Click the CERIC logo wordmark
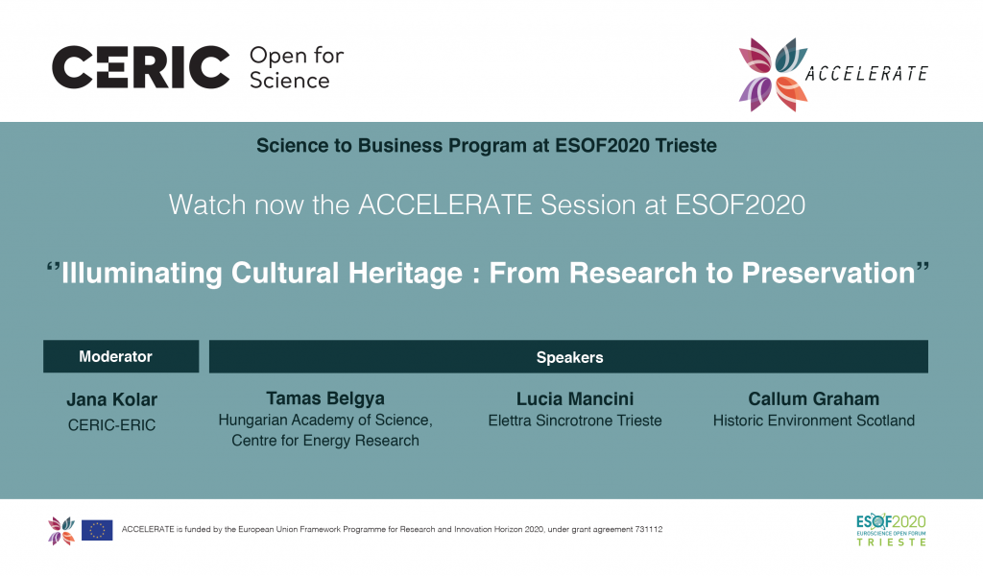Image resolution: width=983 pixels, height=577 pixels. tap(140, 67)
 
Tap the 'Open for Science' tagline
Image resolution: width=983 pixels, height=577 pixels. tap(297, 68)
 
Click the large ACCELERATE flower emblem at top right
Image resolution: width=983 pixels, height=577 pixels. tap(773, 75)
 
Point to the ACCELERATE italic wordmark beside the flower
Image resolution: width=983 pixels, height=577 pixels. tap(867, 74)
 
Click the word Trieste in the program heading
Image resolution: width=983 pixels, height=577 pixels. tap(685, 146)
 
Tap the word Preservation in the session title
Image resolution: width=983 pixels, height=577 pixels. tap(828, 274)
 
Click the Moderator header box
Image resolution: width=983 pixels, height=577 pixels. tap(121, 356)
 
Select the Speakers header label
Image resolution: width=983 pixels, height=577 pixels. tap(569, 357)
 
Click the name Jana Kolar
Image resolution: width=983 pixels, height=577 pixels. tap(111, 399)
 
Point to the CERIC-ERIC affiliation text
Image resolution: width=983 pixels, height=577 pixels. tap(111, 425)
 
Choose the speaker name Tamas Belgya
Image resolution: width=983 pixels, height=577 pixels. tap(325, 398)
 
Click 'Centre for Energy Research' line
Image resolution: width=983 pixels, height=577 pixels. tap(325, 441)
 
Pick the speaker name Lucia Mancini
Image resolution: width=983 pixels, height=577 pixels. tap(575, 398)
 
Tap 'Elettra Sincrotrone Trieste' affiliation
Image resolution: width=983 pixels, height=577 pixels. tap(575, 421)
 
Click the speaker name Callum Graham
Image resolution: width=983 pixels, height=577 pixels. tap(814, 398)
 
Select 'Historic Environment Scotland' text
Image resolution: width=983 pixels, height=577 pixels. tap(814, 421)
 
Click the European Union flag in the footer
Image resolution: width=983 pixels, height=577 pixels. tap(97, 531)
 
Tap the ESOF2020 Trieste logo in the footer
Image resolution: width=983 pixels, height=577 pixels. tap(891, 530)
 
